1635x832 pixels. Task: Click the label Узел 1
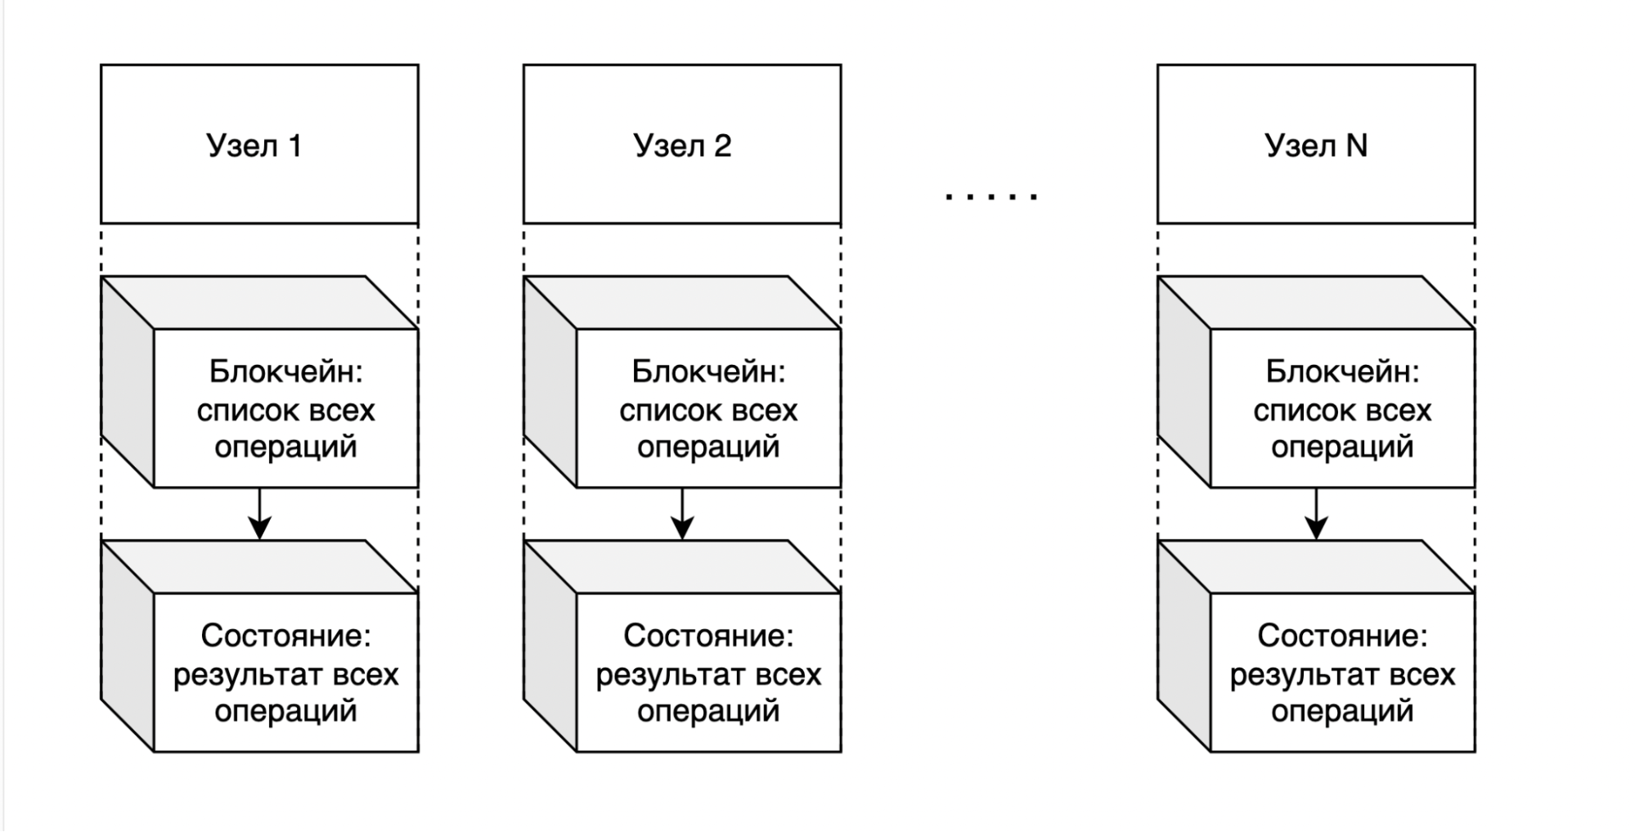coord(254,146)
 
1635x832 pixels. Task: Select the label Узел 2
coord(682,146)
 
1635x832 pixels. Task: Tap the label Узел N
coord(1315,146)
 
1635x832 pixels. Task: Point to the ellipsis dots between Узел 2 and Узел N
coord(991,196)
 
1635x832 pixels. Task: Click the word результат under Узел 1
coord(238,675)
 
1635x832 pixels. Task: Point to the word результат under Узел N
coord(1295,675)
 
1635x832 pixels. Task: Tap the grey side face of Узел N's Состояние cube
coord(1184,646)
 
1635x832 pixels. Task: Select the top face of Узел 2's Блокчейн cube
coord(682,303)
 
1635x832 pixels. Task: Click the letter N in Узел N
coord(1356,146)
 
